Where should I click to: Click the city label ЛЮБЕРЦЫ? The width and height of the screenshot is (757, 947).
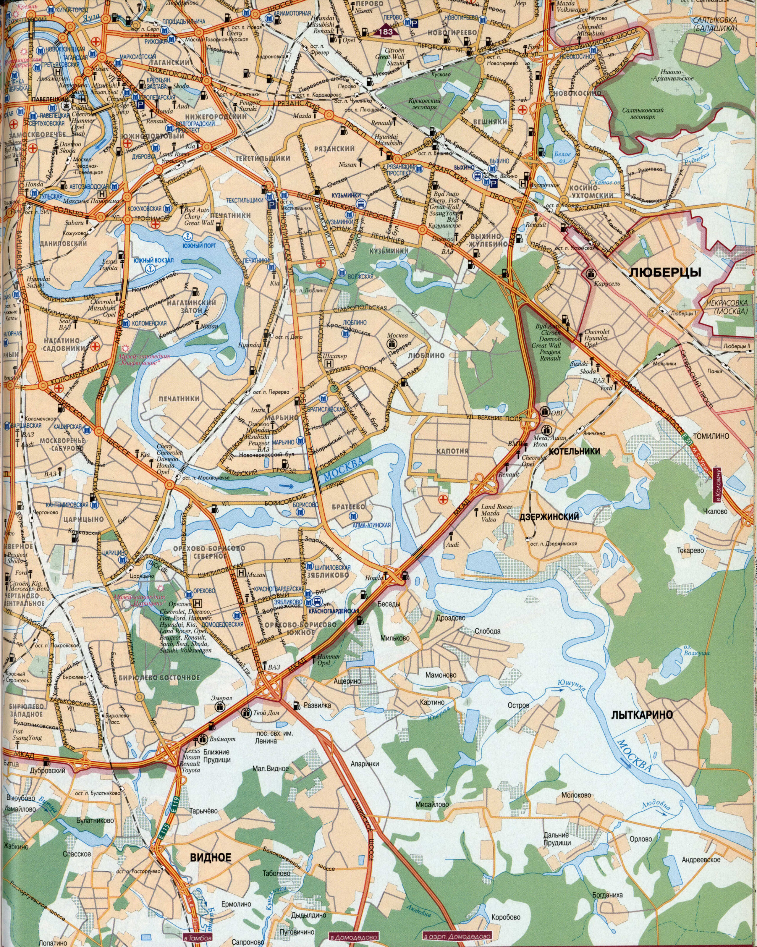tap(665, 272)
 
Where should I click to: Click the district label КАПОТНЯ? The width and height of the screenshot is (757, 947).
tap(452, 451)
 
